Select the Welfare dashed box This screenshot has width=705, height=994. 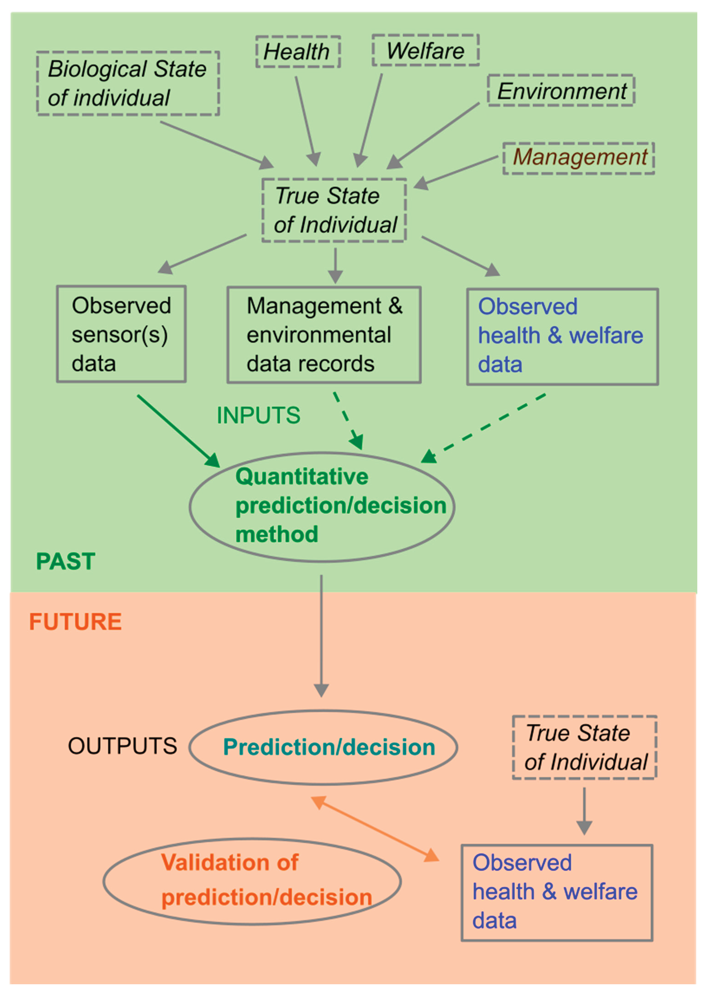coord(425,50)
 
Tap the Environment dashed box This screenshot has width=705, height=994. coord(561,91)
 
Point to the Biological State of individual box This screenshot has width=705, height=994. coord(128,83)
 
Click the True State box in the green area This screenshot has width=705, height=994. coord(334,210)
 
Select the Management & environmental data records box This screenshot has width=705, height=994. coord(324,335)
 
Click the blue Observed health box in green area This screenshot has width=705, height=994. coord(562,336)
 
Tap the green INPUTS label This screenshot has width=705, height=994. coord(258,416)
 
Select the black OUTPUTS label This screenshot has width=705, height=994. coord(122,746)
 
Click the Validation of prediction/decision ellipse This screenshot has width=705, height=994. coord(252,881)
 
